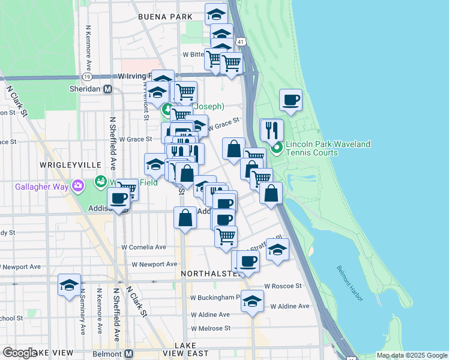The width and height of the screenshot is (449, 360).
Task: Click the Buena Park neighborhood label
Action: coord(160,17)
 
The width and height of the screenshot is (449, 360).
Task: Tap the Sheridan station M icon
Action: coord(108,89)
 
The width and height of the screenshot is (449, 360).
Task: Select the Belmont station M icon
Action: coord(128,353)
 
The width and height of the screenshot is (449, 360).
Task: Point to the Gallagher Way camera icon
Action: coord(77,185)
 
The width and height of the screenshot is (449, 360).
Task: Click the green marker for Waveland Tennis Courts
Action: coord(276,147)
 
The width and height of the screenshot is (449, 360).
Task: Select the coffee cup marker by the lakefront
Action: coord(291,100)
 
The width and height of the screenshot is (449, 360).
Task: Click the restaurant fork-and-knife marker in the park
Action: coord(271,129)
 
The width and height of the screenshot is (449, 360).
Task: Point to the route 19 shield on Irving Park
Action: coord(88,77)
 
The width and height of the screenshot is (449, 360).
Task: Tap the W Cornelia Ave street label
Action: coord(143,247)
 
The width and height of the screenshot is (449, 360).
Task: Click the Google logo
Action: coord(19,353)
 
